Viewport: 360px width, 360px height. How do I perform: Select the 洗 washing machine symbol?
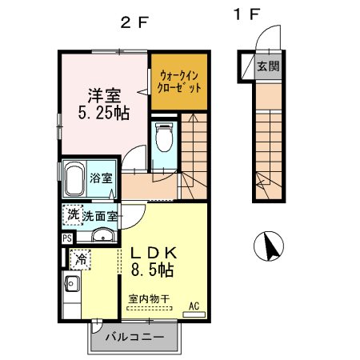click(x=72, y=215)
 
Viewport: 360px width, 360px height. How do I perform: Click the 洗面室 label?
click(x=100, y=215)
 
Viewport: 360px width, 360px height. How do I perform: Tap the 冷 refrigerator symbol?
click(x=81, y=258)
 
